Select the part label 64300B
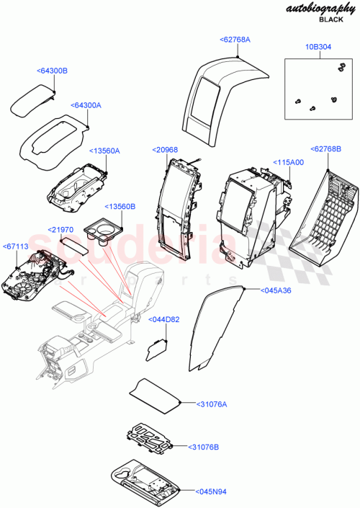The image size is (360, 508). tap(52, 71)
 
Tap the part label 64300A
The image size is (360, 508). tap(86, 105)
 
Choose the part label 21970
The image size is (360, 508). tap(62, 228)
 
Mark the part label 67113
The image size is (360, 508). tap(17, 246)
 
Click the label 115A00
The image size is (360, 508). tap(288, 163)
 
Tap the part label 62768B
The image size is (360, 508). tap(327, 148)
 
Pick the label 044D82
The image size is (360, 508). tap(164, 318)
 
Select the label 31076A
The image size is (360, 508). tap(211, 404)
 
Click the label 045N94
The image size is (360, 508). tap(211, 491)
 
